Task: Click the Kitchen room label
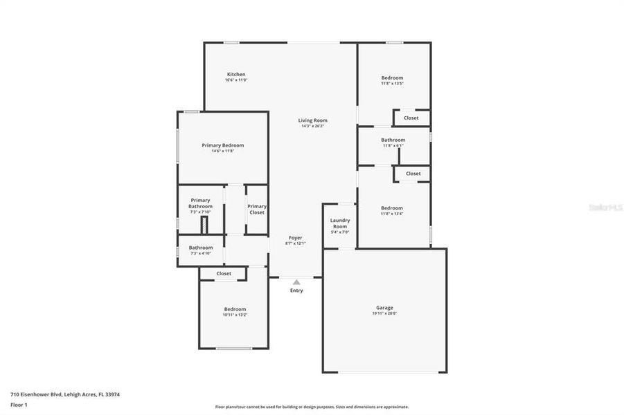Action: pyautogui.click(x=236, y=75)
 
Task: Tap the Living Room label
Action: pyautogui.click(x=313, y=121)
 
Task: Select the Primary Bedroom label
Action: pyautogui.click(x=223, y=146)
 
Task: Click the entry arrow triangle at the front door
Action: pyautogui.click(x=296, y=282)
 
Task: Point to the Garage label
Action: pyautogui.click(x=384, y=308)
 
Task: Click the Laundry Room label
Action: pyautogui.click(x=340, y=223)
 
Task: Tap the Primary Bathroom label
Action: pyautogui.click(x=200, y=203)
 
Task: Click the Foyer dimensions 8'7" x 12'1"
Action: pyautogui.click(x=295, y=243)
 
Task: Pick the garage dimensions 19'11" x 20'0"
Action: pyautogui.click(x=384, y=314)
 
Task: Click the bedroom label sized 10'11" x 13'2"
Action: pyautogui.click(x=235, y=309)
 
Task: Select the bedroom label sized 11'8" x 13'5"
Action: pyautogui.click(x=392, y=78)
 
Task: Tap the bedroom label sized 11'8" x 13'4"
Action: pyautogui.click(x=392, y=208)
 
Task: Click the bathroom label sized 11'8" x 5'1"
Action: pyautogui.click(x=393, y=140)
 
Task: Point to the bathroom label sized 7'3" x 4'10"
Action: pyautogui.click(x=201, y=248)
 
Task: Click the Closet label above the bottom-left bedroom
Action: pyautogui.click(x=224, y=274)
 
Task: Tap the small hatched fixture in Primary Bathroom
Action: pyautogui.click(x=204, y=225)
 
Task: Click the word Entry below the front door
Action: pyautogui.click(x=296, y=290)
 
